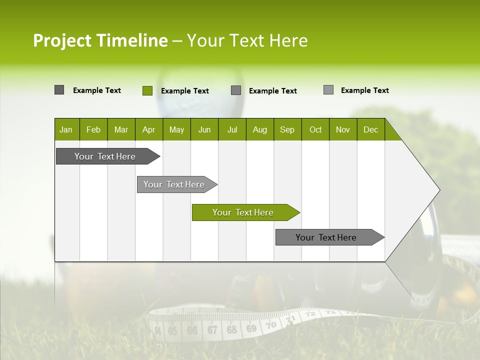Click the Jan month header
66,129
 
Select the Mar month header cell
121,129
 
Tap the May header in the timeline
176,129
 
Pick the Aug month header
259,129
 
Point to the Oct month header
315,129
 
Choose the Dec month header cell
370,129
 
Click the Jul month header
232,129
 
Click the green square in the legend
147,90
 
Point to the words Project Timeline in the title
100,40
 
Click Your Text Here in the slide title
247,40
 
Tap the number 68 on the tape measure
231,330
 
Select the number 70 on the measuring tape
270,325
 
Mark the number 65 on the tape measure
172,331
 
